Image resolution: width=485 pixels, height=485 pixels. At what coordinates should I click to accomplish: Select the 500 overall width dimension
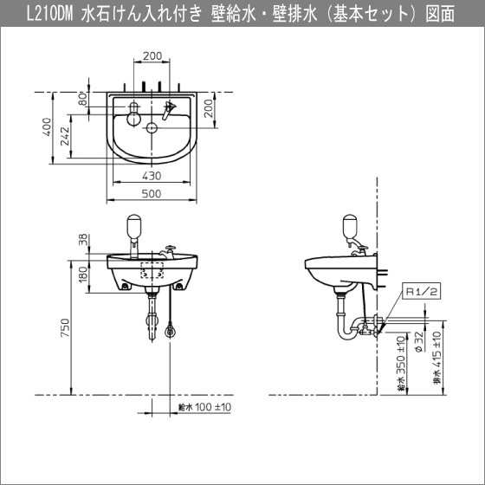(x=152, y=195)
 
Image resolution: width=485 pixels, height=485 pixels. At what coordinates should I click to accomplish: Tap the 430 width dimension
(x=152, y=174)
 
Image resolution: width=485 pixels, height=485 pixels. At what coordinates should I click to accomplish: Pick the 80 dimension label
(x=82, y=99)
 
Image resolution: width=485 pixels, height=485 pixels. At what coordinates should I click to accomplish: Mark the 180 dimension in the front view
(x=83, y=275)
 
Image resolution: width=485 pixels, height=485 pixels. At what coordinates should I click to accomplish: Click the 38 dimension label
(x=83, y=240)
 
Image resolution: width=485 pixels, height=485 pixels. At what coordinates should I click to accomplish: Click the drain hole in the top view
(x=152, y=129)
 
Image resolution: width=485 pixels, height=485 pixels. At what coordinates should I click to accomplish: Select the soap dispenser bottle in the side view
(x=350, y=228)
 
